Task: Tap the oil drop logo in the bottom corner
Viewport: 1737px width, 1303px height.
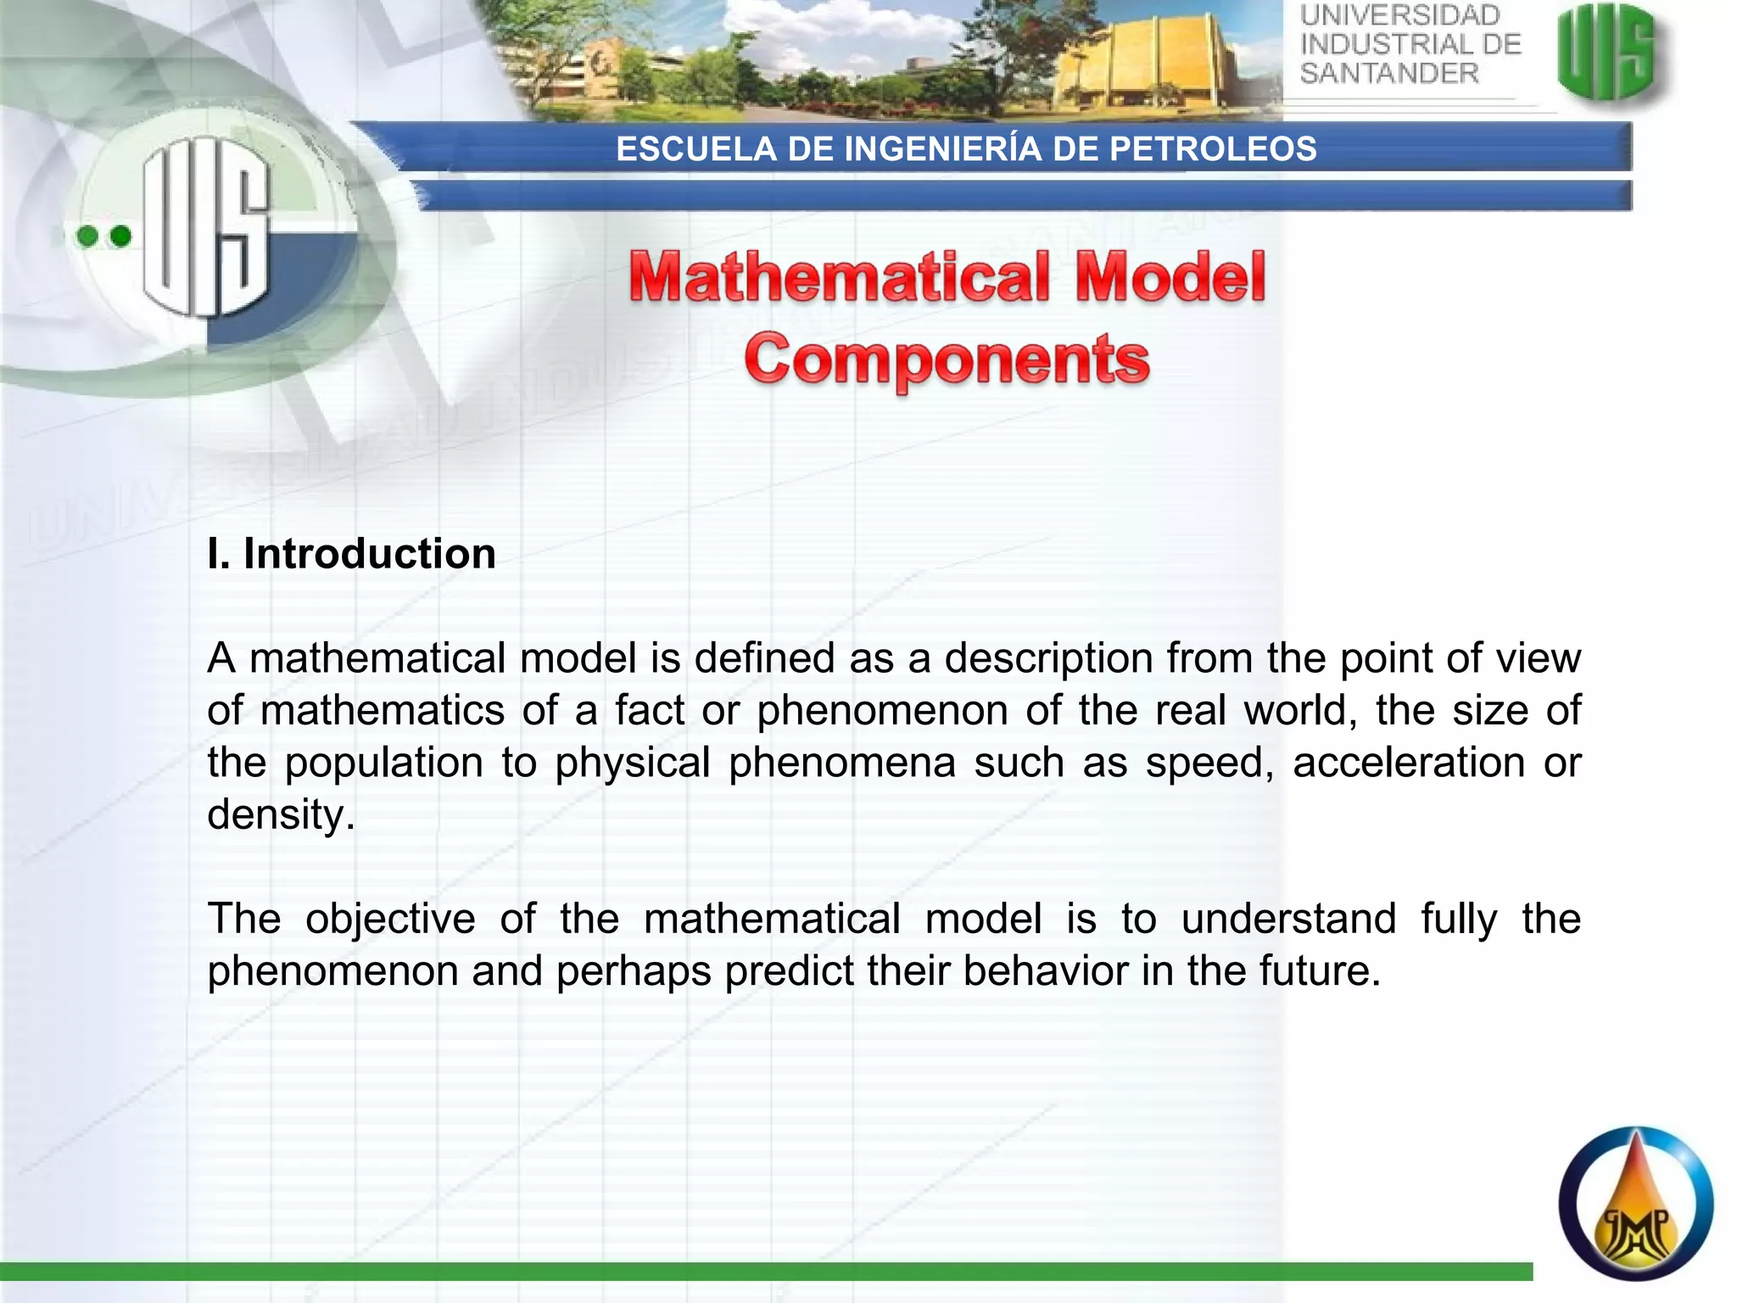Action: click(x=1635, y=1203)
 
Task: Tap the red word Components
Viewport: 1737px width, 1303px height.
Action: click(x=947, y=360)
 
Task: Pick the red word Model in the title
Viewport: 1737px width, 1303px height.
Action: click(x=1170, y=278)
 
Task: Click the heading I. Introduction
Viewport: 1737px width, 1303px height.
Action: click(x=351, y=554)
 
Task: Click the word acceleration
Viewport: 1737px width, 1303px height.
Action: click(x=1408, y=762)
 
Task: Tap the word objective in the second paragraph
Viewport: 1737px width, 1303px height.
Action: click(x=390, y=920)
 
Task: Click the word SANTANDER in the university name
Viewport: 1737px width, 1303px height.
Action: click(x=1388, y=74)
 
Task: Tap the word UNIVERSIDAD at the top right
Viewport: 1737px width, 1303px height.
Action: click(x=1399, y=15)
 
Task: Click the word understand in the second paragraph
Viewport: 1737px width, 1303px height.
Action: click(x=1287, y=919)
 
